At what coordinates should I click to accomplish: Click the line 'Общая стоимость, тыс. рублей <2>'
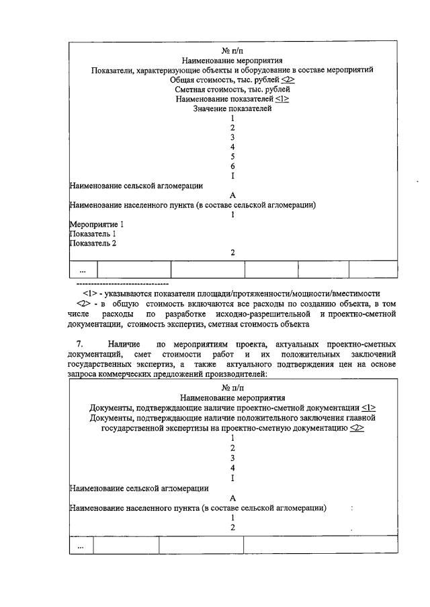[x=232, y=79]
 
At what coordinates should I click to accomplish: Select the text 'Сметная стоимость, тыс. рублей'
[x=232, y=90]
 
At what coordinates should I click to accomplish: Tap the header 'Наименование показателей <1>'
[x=232, y=99]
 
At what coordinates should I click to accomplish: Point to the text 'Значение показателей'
[x=232, y=108]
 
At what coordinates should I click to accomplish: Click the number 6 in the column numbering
[x=232, y=166]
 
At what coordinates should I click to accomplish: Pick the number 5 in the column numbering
[x=232, y=157]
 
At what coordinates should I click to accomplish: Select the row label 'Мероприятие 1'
[x=97, y=224]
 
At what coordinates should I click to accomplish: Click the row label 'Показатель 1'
[x=93, y=234]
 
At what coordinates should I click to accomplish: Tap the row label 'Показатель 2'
[x=93, y=243]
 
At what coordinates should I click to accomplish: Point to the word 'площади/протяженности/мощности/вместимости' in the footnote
[x=290, y=293]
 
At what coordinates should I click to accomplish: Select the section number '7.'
[x=79, y=344]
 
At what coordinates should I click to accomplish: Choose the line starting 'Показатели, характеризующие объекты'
[x=232, y=70]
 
